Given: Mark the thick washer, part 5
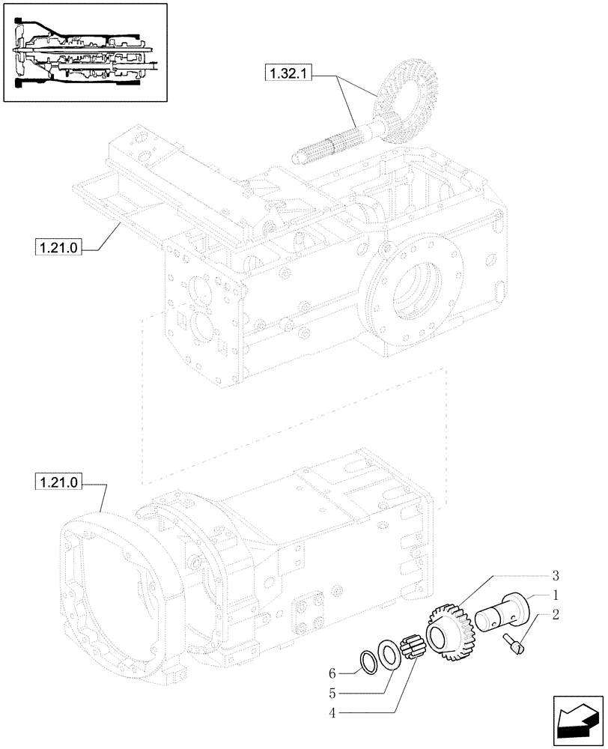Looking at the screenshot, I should click(x=388, y=652).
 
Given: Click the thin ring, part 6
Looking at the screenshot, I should click(x=370, y=661).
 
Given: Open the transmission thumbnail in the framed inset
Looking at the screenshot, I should click(x=84, y=52).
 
